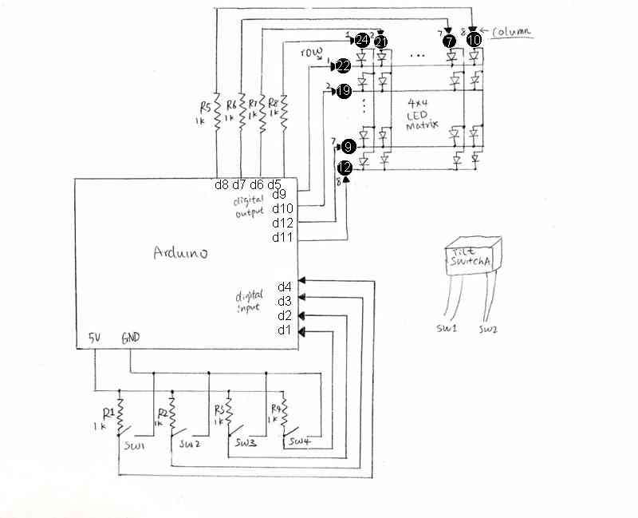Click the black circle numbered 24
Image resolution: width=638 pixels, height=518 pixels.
(362, 40)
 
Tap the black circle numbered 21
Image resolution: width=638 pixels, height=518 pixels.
(382, 41)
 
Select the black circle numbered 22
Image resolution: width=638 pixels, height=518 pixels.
(344, 65)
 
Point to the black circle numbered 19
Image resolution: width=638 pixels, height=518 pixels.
(344, 92)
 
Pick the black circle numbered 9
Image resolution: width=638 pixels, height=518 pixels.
(349, 147)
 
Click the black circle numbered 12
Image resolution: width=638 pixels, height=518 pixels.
(345, 168)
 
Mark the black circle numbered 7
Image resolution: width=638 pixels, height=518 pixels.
(451, 41)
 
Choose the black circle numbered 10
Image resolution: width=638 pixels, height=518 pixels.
(474, 39)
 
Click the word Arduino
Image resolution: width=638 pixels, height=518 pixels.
(181, 253)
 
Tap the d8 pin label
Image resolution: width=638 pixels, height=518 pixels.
(223, 185)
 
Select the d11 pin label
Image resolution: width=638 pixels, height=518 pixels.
(282, 237)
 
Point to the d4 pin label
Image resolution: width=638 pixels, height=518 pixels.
(285, 287)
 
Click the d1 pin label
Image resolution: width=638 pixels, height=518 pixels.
(285, 330)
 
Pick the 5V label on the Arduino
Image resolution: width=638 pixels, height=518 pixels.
(94, 338)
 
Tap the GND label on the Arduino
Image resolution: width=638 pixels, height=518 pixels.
(131, 338)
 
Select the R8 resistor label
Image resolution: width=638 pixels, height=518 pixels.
(273, 102)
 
